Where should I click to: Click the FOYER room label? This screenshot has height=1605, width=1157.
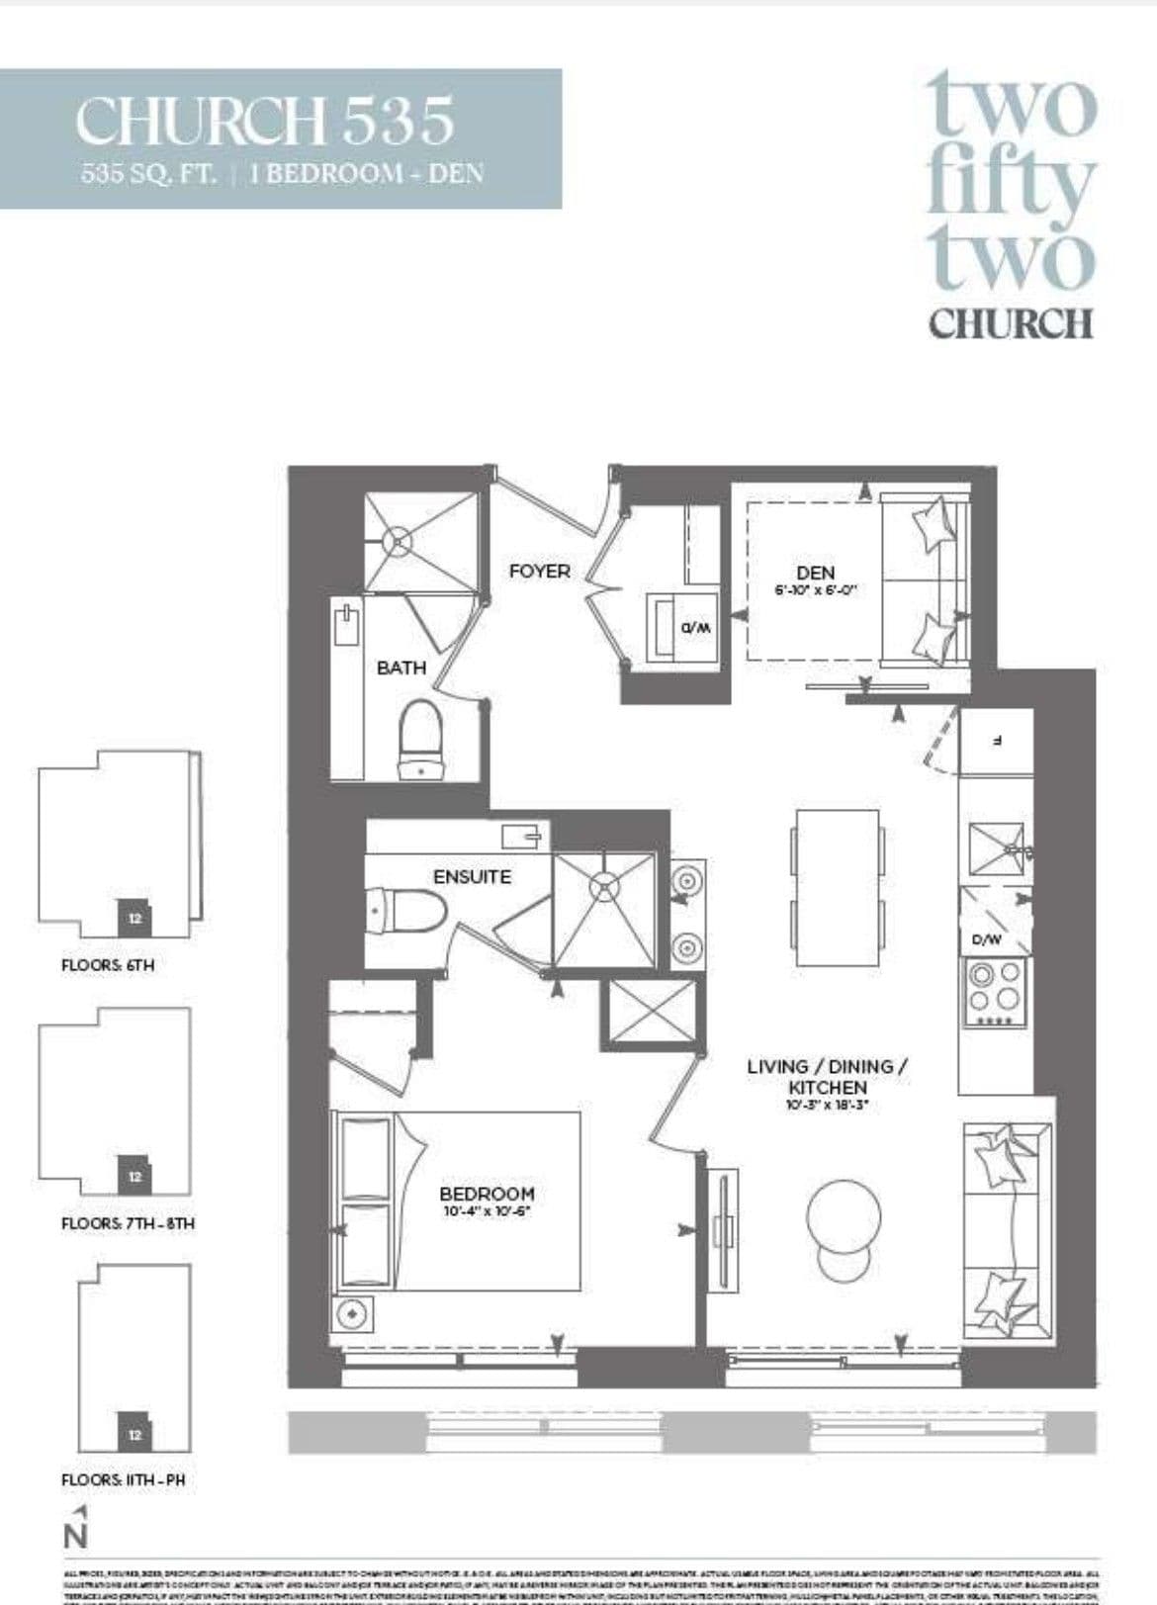click(x=539, y=571)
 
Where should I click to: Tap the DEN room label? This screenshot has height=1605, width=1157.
click(x=815, y=572)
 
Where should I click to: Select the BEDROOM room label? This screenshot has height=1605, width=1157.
click(x=487, y=1194)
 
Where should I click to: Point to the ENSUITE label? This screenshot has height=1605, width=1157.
click(x=472, y=876)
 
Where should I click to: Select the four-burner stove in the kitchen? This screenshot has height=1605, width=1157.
click(x=995, y=989)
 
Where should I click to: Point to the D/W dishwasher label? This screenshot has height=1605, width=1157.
click(x=986, y=939)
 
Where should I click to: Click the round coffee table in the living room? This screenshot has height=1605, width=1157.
click(x=844, y=1217)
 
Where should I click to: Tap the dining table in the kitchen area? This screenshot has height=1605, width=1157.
click(x=837, y=888)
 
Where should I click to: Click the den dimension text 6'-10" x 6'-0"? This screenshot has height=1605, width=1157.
click(x=814, y=589)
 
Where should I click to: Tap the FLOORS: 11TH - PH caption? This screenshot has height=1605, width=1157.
click(x=123, y=1480)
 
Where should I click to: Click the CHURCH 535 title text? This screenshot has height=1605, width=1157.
click(x=265, y=121)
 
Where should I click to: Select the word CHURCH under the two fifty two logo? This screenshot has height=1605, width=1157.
click(x=1011, y=323)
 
